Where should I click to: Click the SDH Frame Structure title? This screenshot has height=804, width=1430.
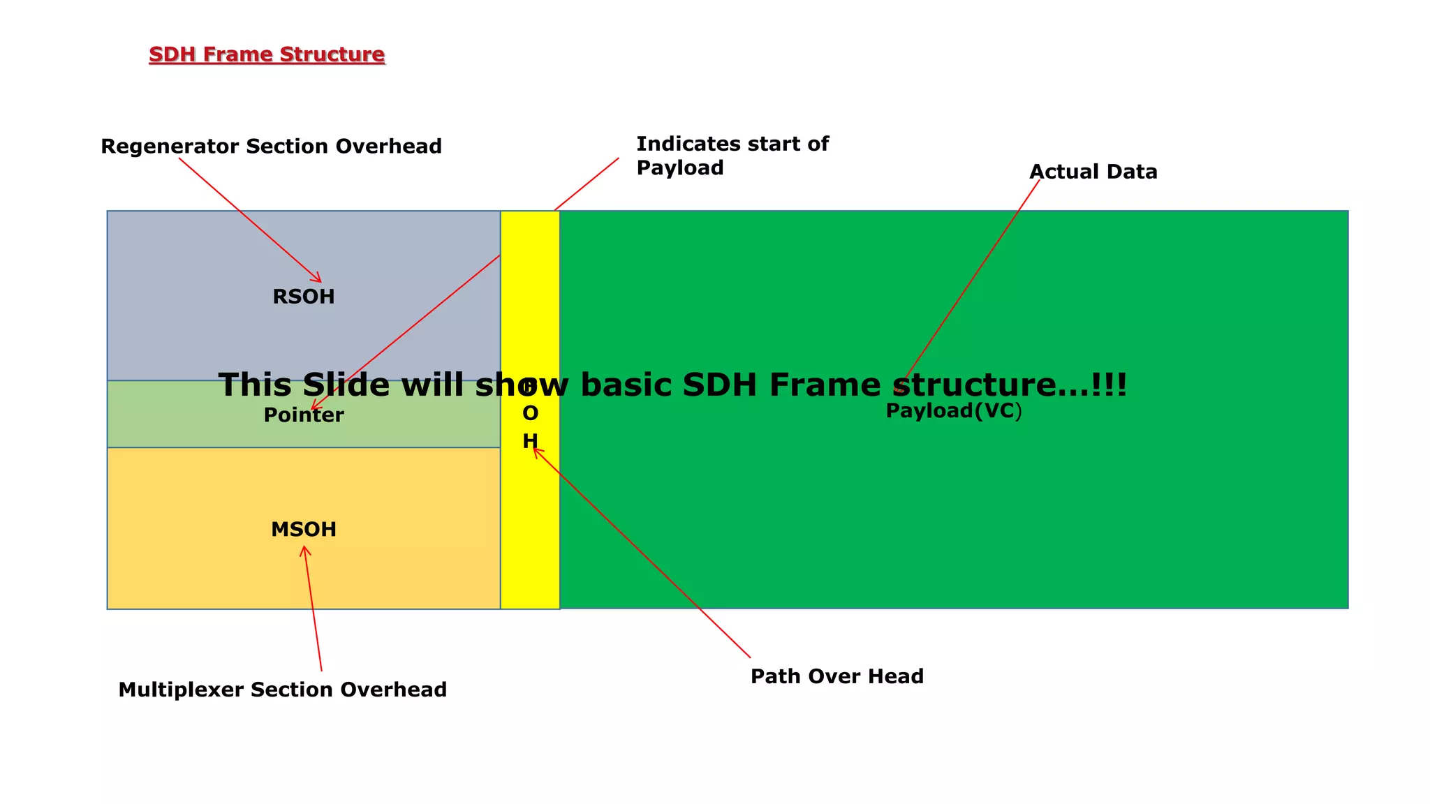pyautogui.click(x=267, y=54)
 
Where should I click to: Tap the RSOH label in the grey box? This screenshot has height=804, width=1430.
pyautogui.click(x=303, y=297)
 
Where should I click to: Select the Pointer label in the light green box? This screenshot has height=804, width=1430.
pyautogui.click(x=303, y=415)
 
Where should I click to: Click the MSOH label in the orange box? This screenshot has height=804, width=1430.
pyautogui.click(x=303, y=530)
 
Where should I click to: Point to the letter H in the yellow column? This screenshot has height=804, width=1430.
pyautogui.click(x=530, y=441)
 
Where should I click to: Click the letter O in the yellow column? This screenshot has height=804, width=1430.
pyautogui.click(x=530, y=414)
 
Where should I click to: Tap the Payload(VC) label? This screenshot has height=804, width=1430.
pyautogui.click(x=953, y=411)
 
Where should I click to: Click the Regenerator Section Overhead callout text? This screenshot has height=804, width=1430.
pyautogui.click(x=271, y=147)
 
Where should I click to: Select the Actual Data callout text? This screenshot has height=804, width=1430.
pyautogui.click(x=1093, y=172)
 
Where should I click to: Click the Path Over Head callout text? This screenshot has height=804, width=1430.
pyautogui.click(x=836, y=676)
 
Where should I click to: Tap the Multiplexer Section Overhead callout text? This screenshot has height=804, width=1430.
pyautogui.click(x=282, y=690)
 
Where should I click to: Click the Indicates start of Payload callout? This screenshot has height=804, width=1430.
pyautogui.click(x=732, y=156)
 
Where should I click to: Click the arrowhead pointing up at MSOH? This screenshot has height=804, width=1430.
pyautogui.click(x=304, y=550)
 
